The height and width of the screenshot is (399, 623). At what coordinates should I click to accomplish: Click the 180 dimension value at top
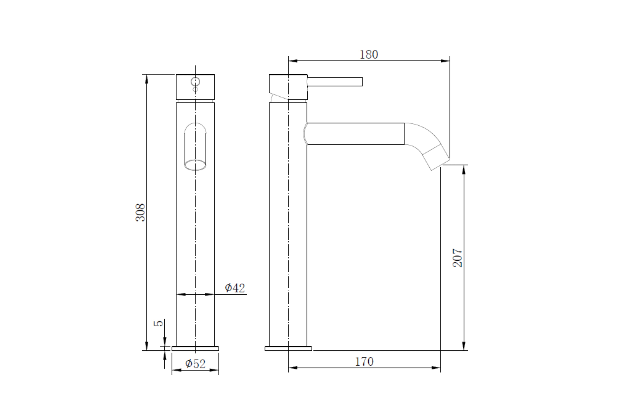click(x=369, y=54)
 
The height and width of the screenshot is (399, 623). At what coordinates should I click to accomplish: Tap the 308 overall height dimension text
click(x=141, y=212)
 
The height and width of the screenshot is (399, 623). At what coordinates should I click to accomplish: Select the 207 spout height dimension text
click(x=457, y=258)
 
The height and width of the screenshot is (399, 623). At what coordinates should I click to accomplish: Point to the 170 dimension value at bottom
click(x=364, y=362)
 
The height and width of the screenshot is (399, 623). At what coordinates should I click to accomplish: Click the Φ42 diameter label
click(x=235, y=288)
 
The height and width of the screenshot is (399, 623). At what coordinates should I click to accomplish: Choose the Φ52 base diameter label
click(x=195, y=364)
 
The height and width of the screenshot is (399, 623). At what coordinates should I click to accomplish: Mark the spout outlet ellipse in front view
click(x=195, y=165)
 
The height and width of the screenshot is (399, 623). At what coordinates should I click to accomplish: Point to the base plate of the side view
click(x=288, y=349)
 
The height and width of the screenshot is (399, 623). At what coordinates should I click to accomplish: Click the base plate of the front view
click(x=195, y=349)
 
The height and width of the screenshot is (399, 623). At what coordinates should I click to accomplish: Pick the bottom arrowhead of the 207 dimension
click(x=464, y=346)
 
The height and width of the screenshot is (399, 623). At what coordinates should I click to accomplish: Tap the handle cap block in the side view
click(x=288, y=87)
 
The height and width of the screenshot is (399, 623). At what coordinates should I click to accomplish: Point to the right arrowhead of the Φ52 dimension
click(x=214, y=370)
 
